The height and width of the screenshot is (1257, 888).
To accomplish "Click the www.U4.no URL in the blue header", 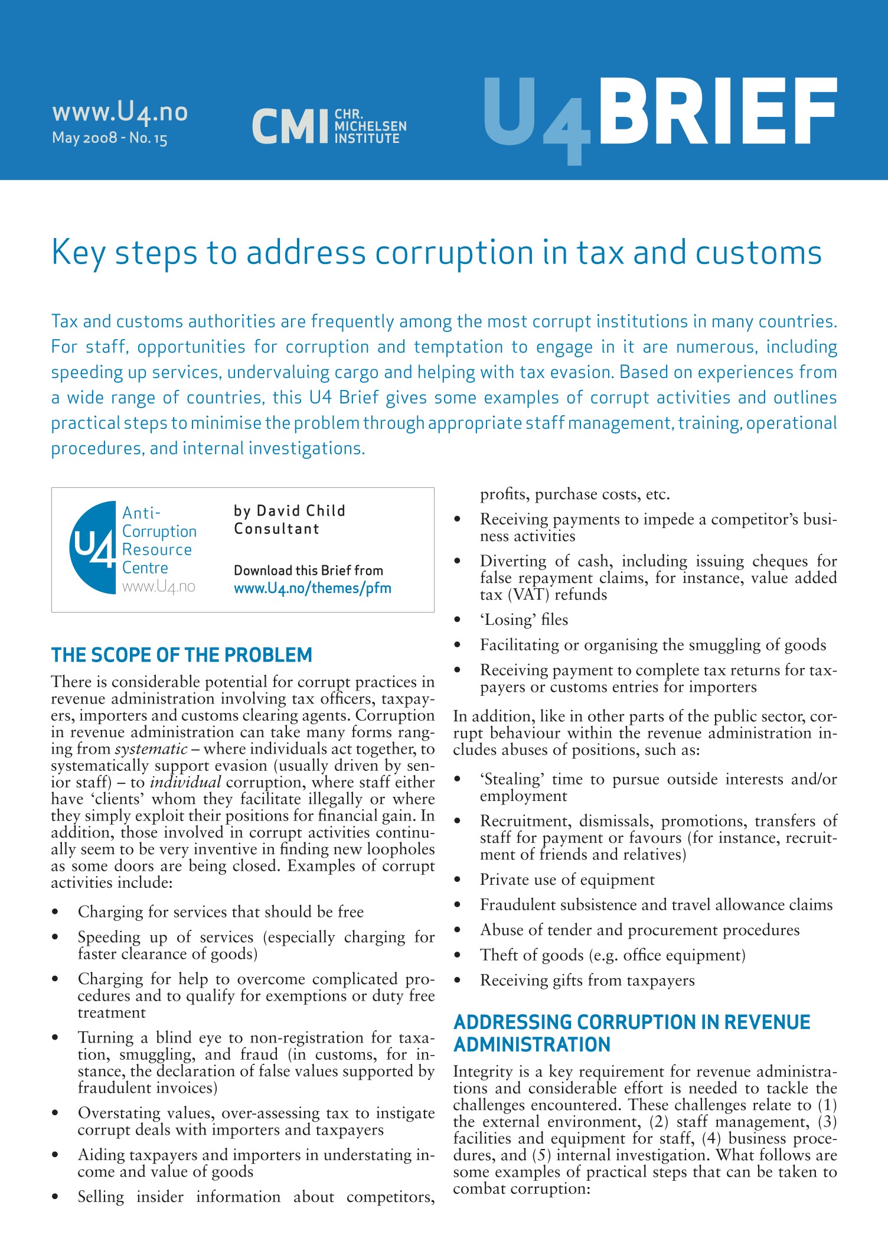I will [x=120, y=111].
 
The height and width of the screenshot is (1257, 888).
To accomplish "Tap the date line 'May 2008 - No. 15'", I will [x=110, y=138].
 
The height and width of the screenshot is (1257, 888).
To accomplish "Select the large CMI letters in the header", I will [x=289, y=126].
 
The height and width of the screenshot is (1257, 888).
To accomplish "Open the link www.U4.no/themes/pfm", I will [x=312, y=588].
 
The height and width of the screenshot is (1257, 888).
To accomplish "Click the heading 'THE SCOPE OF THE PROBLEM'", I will [x=181, y=655].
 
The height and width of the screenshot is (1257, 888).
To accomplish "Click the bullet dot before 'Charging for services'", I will [x=55, y=913].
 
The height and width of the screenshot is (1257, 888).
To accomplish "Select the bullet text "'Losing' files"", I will [x=524, y=620].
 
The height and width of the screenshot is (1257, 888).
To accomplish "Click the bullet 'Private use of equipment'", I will [x=567, y=880].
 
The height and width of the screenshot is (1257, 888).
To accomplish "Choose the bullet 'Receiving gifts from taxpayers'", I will [x=587, y=980].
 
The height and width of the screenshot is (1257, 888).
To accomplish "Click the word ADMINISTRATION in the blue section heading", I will [x=532, y=1045].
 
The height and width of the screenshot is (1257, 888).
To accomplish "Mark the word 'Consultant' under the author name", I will [x=276, y=529].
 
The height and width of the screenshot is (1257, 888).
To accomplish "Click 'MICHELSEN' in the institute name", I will [x=370, y=126].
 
